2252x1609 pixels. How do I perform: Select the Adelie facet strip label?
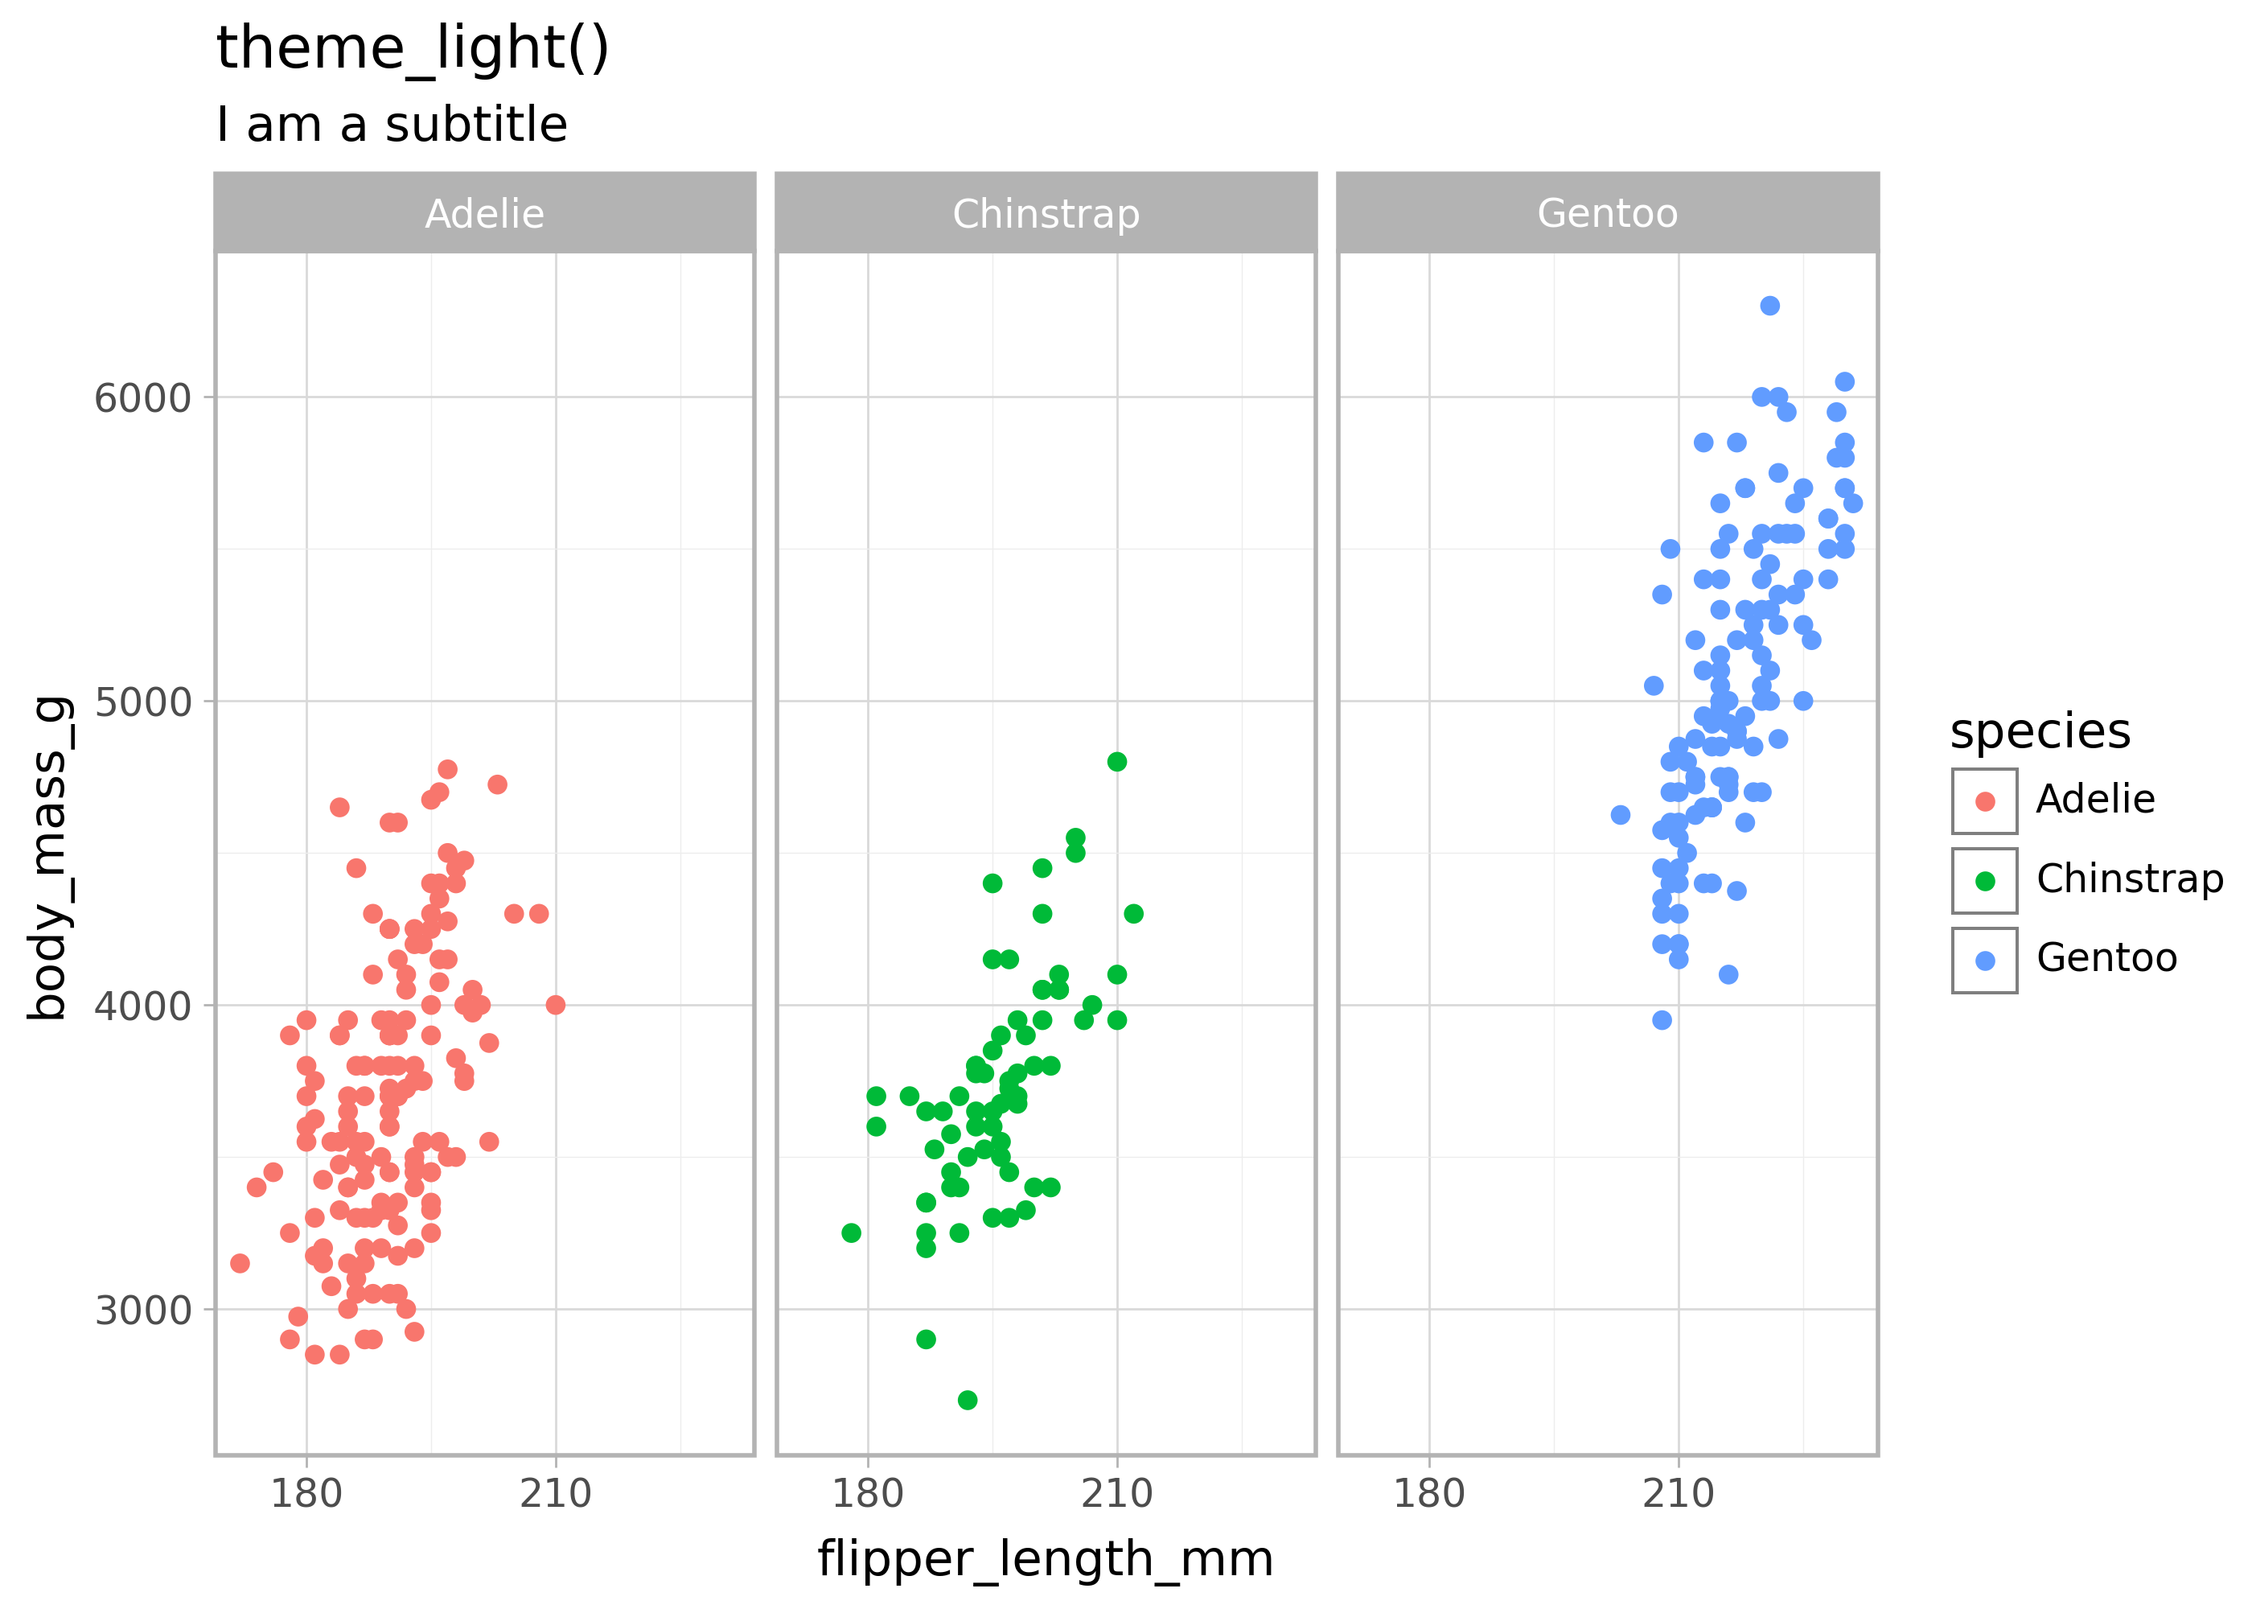click(x=484, y=214)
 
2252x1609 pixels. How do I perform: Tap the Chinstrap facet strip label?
click(x=1046, y=214)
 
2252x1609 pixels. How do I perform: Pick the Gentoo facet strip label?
click(x=1607, y=214)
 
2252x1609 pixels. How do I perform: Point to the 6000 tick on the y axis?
click(x=142, y=398)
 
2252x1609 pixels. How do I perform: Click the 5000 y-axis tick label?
click(x=142, y=702)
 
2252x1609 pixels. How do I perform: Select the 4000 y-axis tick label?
click(x=142, y=1006)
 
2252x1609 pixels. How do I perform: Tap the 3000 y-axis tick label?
click(x=142, y=1311)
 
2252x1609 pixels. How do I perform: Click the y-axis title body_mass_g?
click(x=50, y=858)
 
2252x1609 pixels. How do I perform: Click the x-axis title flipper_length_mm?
click(x=1045, y=1559)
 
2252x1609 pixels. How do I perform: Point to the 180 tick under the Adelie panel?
click(x=306, y=1494)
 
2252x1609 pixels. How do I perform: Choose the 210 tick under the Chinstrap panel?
click(x=1117, y=1494)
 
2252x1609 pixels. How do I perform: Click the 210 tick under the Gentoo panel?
click(x=1678, y=1494)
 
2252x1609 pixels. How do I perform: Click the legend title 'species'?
click(x=2040, y=732)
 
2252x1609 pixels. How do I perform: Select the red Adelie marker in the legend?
click(x=1985, y=801)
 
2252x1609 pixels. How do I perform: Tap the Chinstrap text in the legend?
click(x=2129, y=879)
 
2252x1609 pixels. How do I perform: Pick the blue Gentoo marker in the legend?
click(x=1985, y=960)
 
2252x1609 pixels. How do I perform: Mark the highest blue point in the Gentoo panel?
click(x=1769, y=305)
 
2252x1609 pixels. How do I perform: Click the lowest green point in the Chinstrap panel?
click(x=968, y=1400)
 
